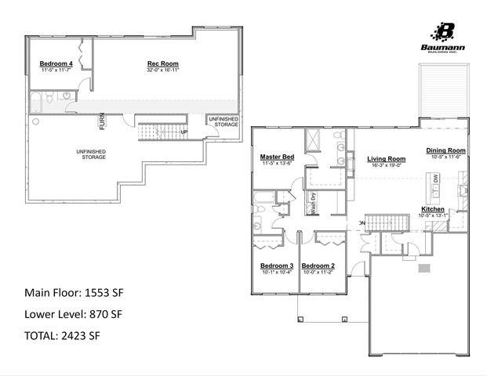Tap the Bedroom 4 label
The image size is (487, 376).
(56, 64)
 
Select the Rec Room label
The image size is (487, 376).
(163, 64)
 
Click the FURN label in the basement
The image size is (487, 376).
(101, 121)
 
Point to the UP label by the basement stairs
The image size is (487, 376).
(184, 132)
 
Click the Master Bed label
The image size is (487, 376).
(277, 157)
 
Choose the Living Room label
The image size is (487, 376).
(385, 159)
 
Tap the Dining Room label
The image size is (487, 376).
(445, 150)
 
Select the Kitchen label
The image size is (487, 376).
(433, 210)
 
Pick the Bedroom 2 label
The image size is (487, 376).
(318, 266)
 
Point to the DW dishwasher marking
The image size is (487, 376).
(436, 179)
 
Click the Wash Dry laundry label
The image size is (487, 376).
(312, 203)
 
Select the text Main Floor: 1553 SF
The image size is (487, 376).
(74, 293)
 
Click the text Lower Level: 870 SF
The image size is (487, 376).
(73, 314)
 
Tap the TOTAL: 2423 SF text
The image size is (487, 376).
(62, 336)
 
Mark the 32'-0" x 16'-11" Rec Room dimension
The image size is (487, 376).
(163, 70)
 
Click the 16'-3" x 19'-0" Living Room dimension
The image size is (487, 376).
(385, 165)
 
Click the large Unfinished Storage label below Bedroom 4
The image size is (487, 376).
(91, 154)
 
